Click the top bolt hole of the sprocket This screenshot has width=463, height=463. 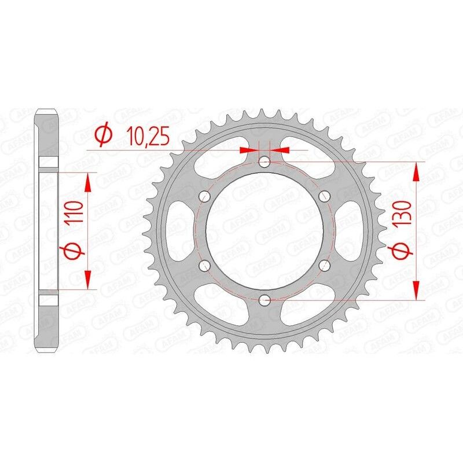[264, 161]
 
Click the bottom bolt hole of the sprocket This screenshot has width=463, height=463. [264, 300]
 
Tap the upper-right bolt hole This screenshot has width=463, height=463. [324, 196]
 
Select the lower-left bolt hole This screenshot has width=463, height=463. [204, 265]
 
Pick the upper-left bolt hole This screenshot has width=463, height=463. [204, 196]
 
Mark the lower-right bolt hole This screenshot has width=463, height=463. [324, 265]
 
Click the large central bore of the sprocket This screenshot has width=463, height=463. [264, 230]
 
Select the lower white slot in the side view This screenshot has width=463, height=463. [49, 299]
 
